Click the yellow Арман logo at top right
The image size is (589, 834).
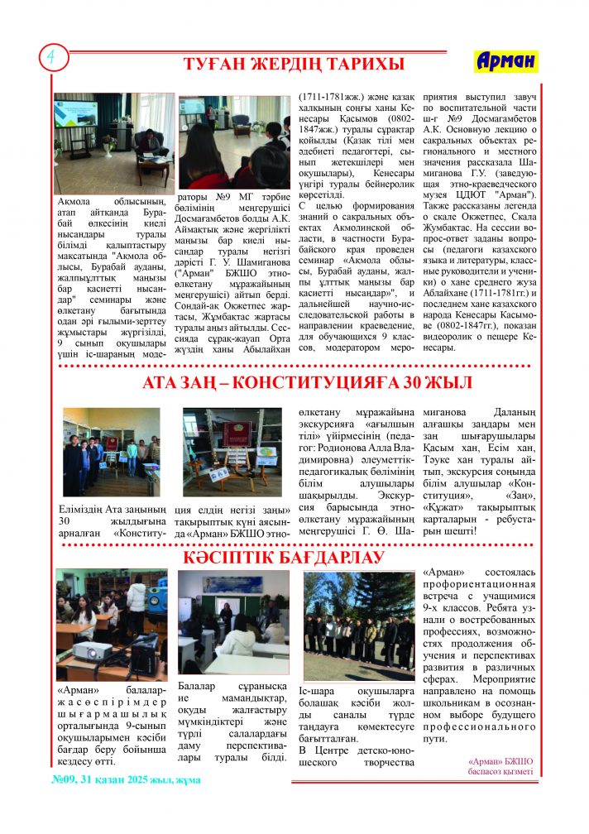click(x=506, y=61)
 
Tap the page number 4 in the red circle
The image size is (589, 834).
click(x=51, y=56)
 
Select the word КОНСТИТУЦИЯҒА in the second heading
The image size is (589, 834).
click(x=336, y=382)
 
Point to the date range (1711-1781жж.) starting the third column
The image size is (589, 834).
click(x=331, y=97)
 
